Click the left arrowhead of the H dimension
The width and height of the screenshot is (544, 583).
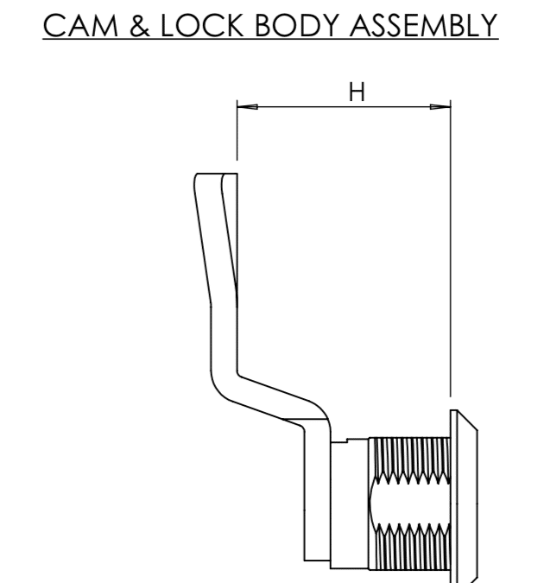tap(246, 107)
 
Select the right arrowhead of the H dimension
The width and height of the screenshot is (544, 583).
tap(440, 107)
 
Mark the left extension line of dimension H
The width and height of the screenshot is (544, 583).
tap(236, 134)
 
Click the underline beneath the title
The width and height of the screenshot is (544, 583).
tap(271, 39)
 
